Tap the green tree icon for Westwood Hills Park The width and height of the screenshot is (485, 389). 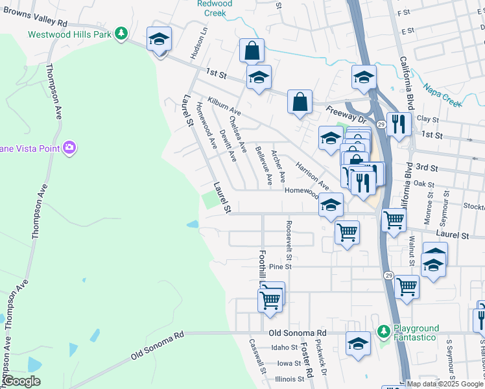coord(121,33)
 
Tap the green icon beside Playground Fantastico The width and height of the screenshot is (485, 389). coord(384,332)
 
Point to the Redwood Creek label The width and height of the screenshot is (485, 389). coord(215,8)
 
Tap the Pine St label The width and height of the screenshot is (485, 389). coord(281,266)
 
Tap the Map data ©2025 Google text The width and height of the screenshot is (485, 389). coord(445,384)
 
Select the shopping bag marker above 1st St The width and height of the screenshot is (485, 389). coord(252,49)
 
